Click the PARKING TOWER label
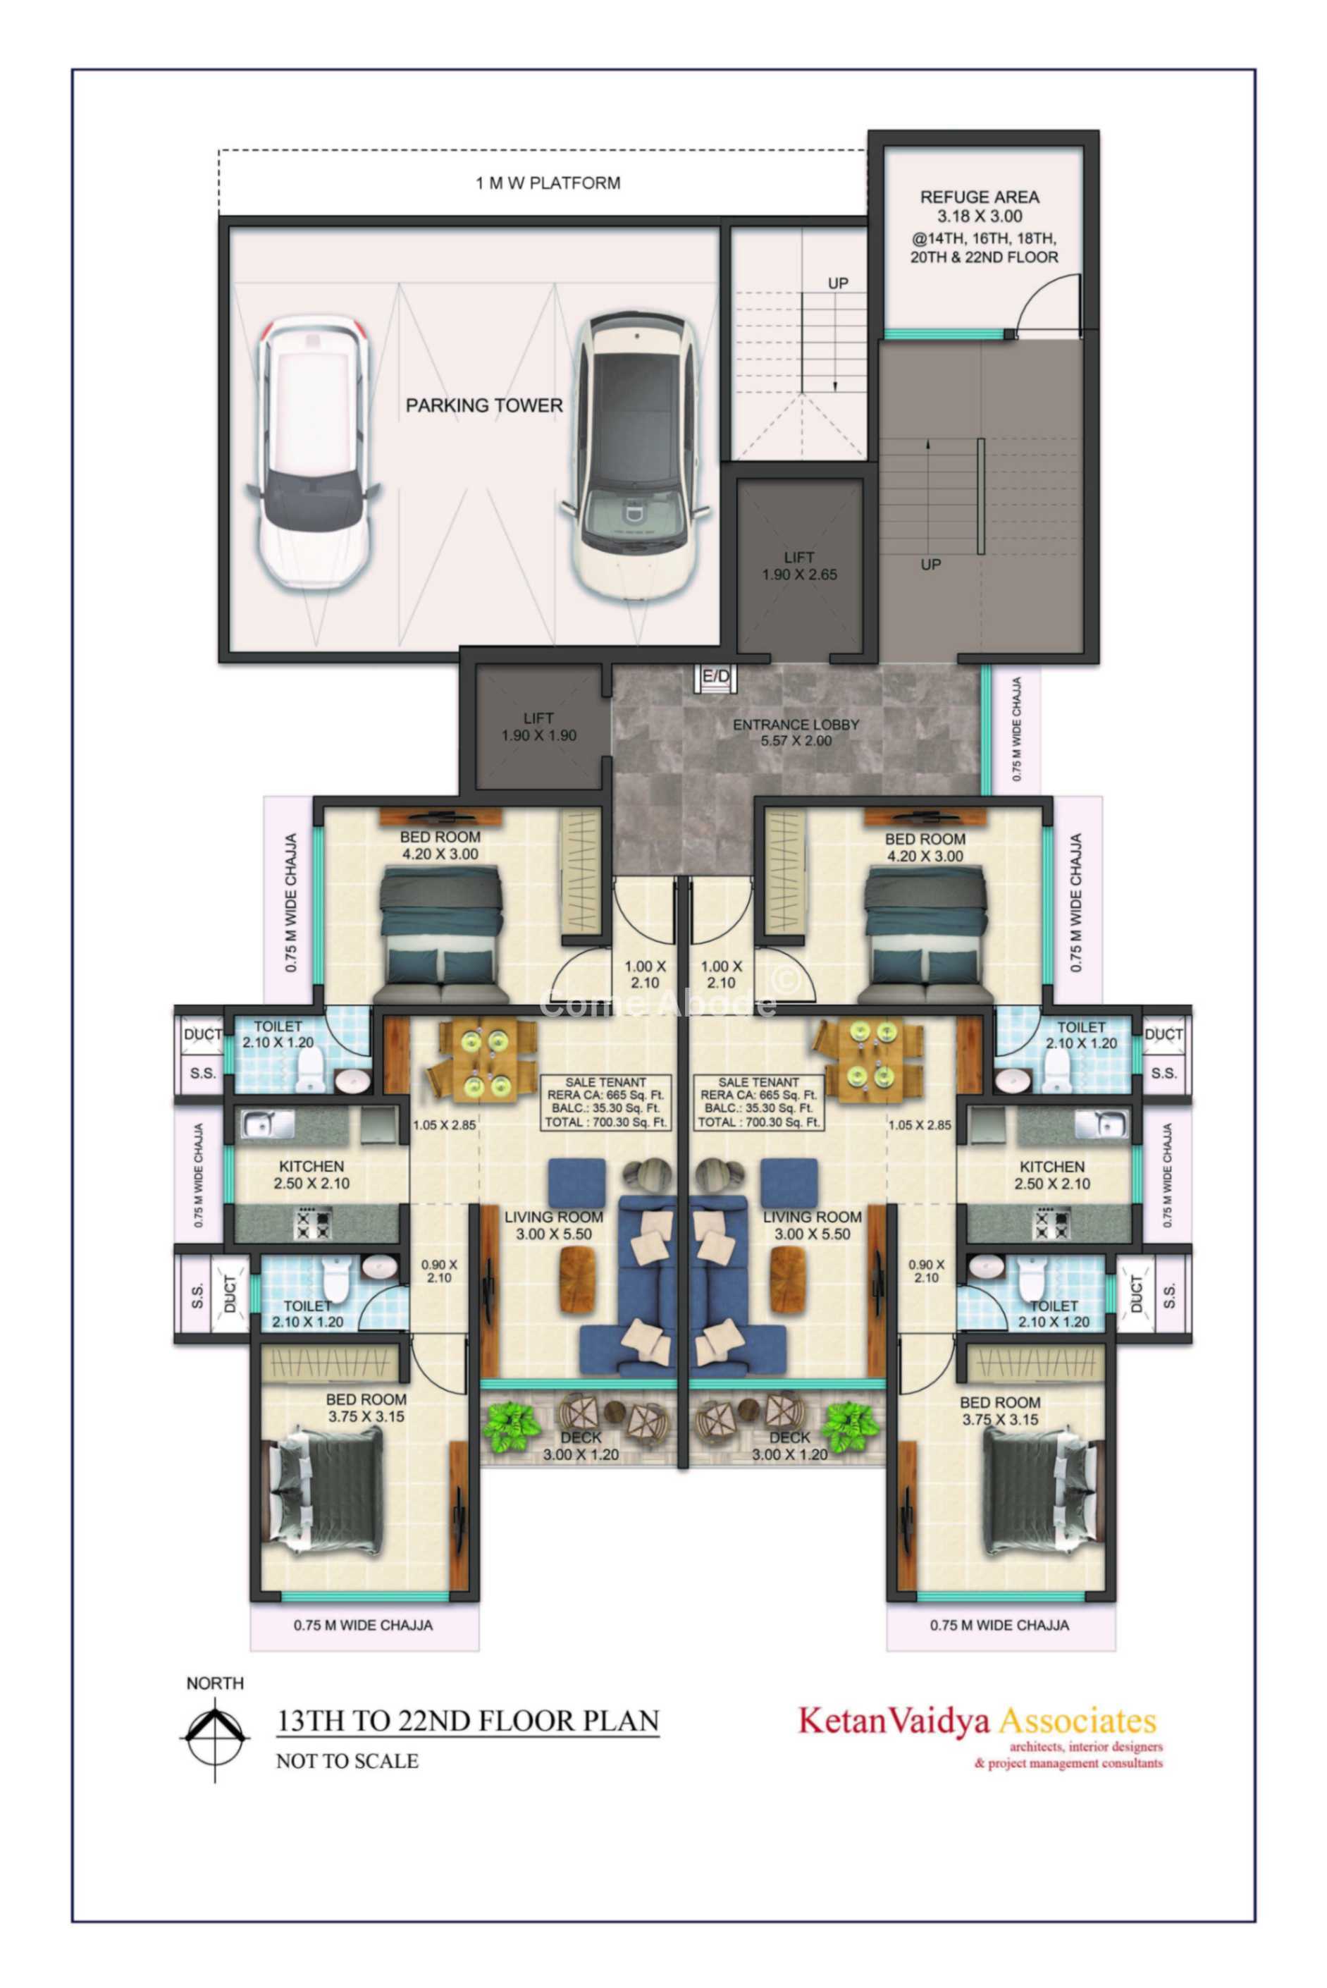point(484,405)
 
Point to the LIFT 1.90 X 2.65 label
point(799,565)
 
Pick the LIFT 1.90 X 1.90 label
point(538,727)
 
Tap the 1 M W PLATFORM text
point(548,183)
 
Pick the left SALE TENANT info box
point(606,1102)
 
